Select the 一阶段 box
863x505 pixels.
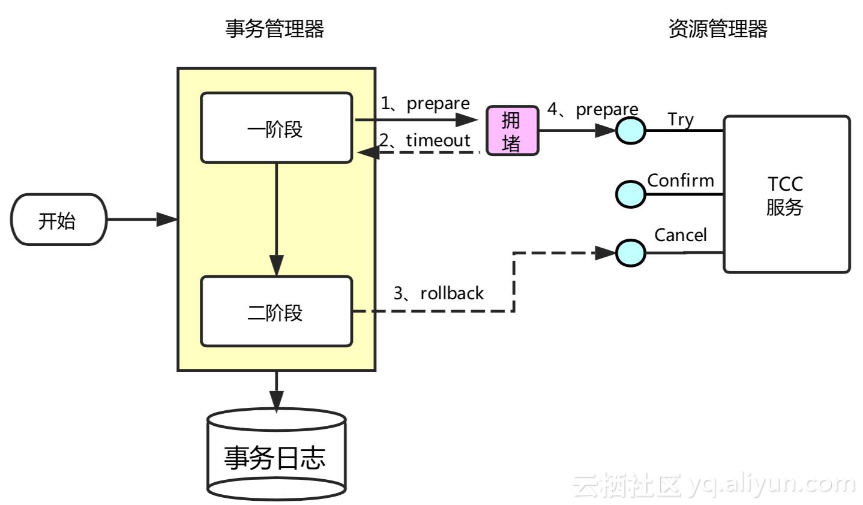[276, 128]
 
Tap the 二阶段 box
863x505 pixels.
[276, 311]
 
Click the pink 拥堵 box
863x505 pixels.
[512, 131]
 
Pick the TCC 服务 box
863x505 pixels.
[786, 194]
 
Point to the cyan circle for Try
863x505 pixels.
[631, 130]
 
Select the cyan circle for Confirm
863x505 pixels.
[631, 194]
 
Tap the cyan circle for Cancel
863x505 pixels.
[631, 252]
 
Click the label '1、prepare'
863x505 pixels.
[425, 104]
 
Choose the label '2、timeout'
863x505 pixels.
[425, 140]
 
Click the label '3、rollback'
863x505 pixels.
[438, 293]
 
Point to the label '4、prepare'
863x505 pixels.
[592, 110]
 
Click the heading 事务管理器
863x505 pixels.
[274, 29]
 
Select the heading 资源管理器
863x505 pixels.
[718, 29]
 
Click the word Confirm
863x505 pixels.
[681, 181]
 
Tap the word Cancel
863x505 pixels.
[680, 235]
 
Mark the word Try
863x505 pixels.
[681, 120]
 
